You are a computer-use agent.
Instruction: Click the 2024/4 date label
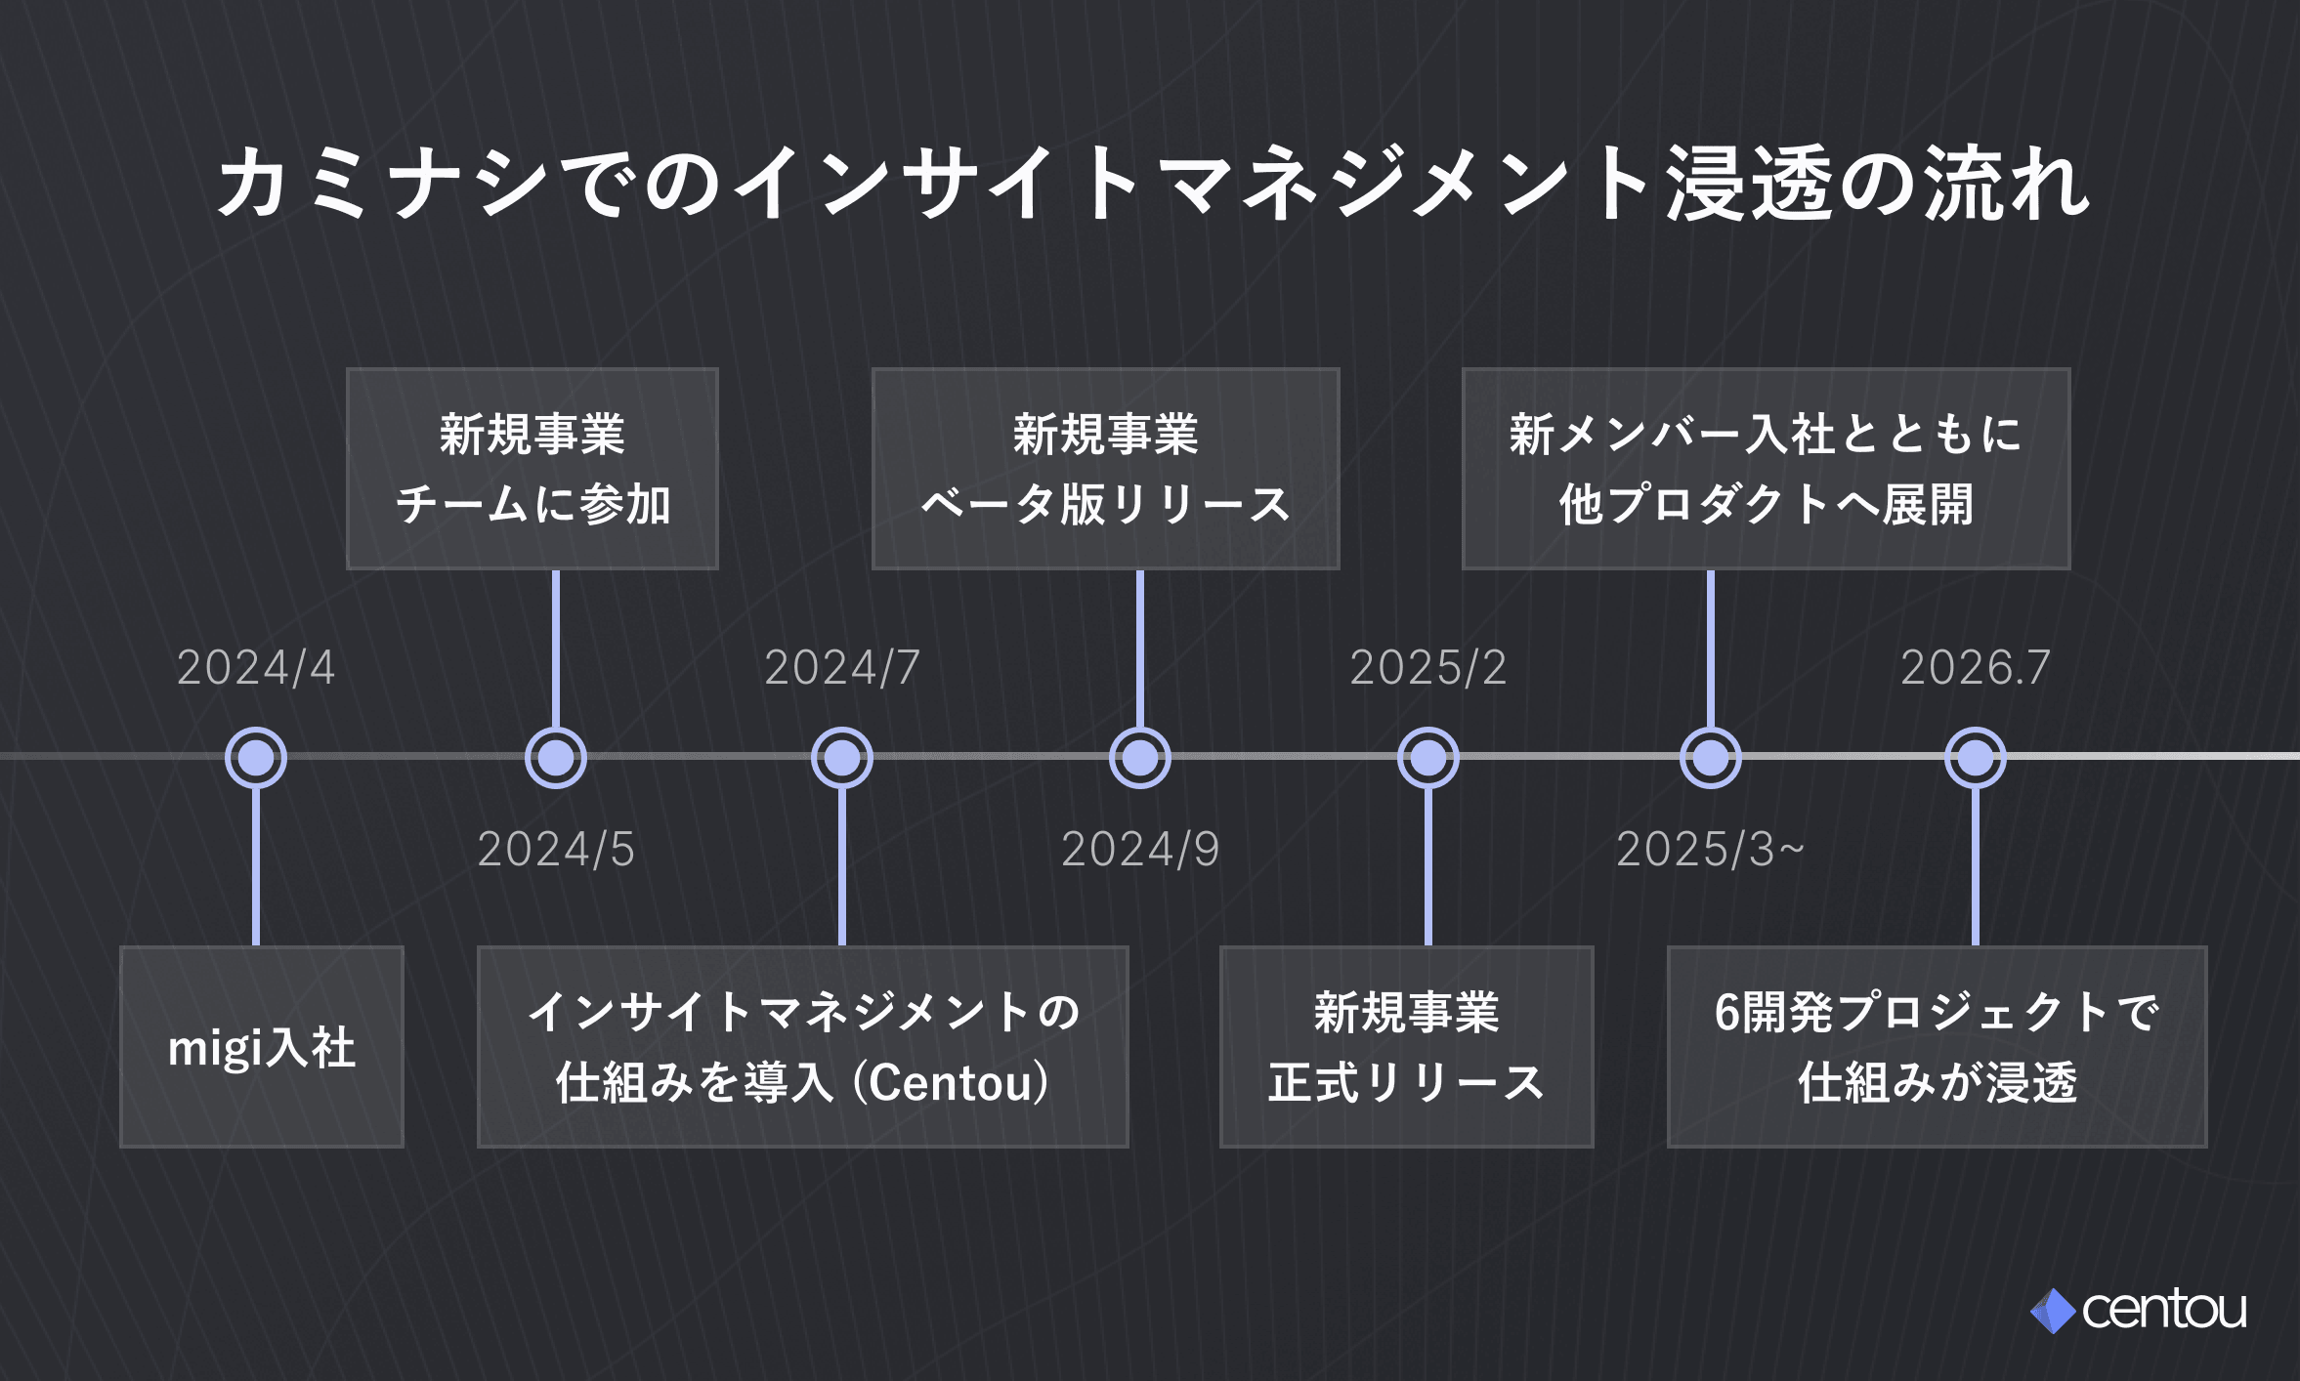click(x=256, y=668)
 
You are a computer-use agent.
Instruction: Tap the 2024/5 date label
click(x=556, y=850)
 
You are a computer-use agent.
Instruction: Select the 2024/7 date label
click(x=842, y=668)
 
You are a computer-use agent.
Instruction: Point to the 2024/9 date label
click(x=1140, y=850)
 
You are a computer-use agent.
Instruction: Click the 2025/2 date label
click(x=1428, y=668)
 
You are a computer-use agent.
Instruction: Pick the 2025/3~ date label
click(x=1710, y=850)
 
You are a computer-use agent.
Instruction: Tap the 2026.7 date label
click(x=1976, y=668)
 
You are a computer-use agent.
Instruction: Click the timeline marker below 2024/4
click(x=256, y=757)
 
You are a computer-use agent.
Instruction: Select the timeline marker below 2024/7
click(x=842, y=757)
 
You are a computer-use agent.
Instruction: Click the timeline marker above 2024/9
click(x=1140, y=757)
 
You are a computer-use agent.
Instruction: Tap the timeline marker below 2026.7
click(x=1976, y=757)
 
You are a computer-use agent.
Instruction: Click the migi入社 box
click(x=262, y=1047)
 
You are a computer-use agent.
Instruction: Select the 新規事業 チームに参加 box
click(x=532, y=469)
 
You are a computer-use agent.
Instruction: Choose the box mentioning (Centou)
click(x=803, y=1047)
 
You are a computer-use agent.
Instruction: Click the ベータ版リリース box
click(x=1106, y=469)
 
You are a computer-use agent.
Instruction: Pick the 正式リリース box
click(x=1407, y=1047)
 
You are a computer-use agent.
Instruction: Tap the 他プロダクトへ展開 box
click(x=1767, y=469)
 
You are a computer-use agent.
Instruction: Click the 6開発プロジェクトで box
click(x=1938, y=1047)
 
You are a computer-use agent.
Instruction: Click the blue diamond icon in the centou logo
click(x=2053, y=1311)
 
